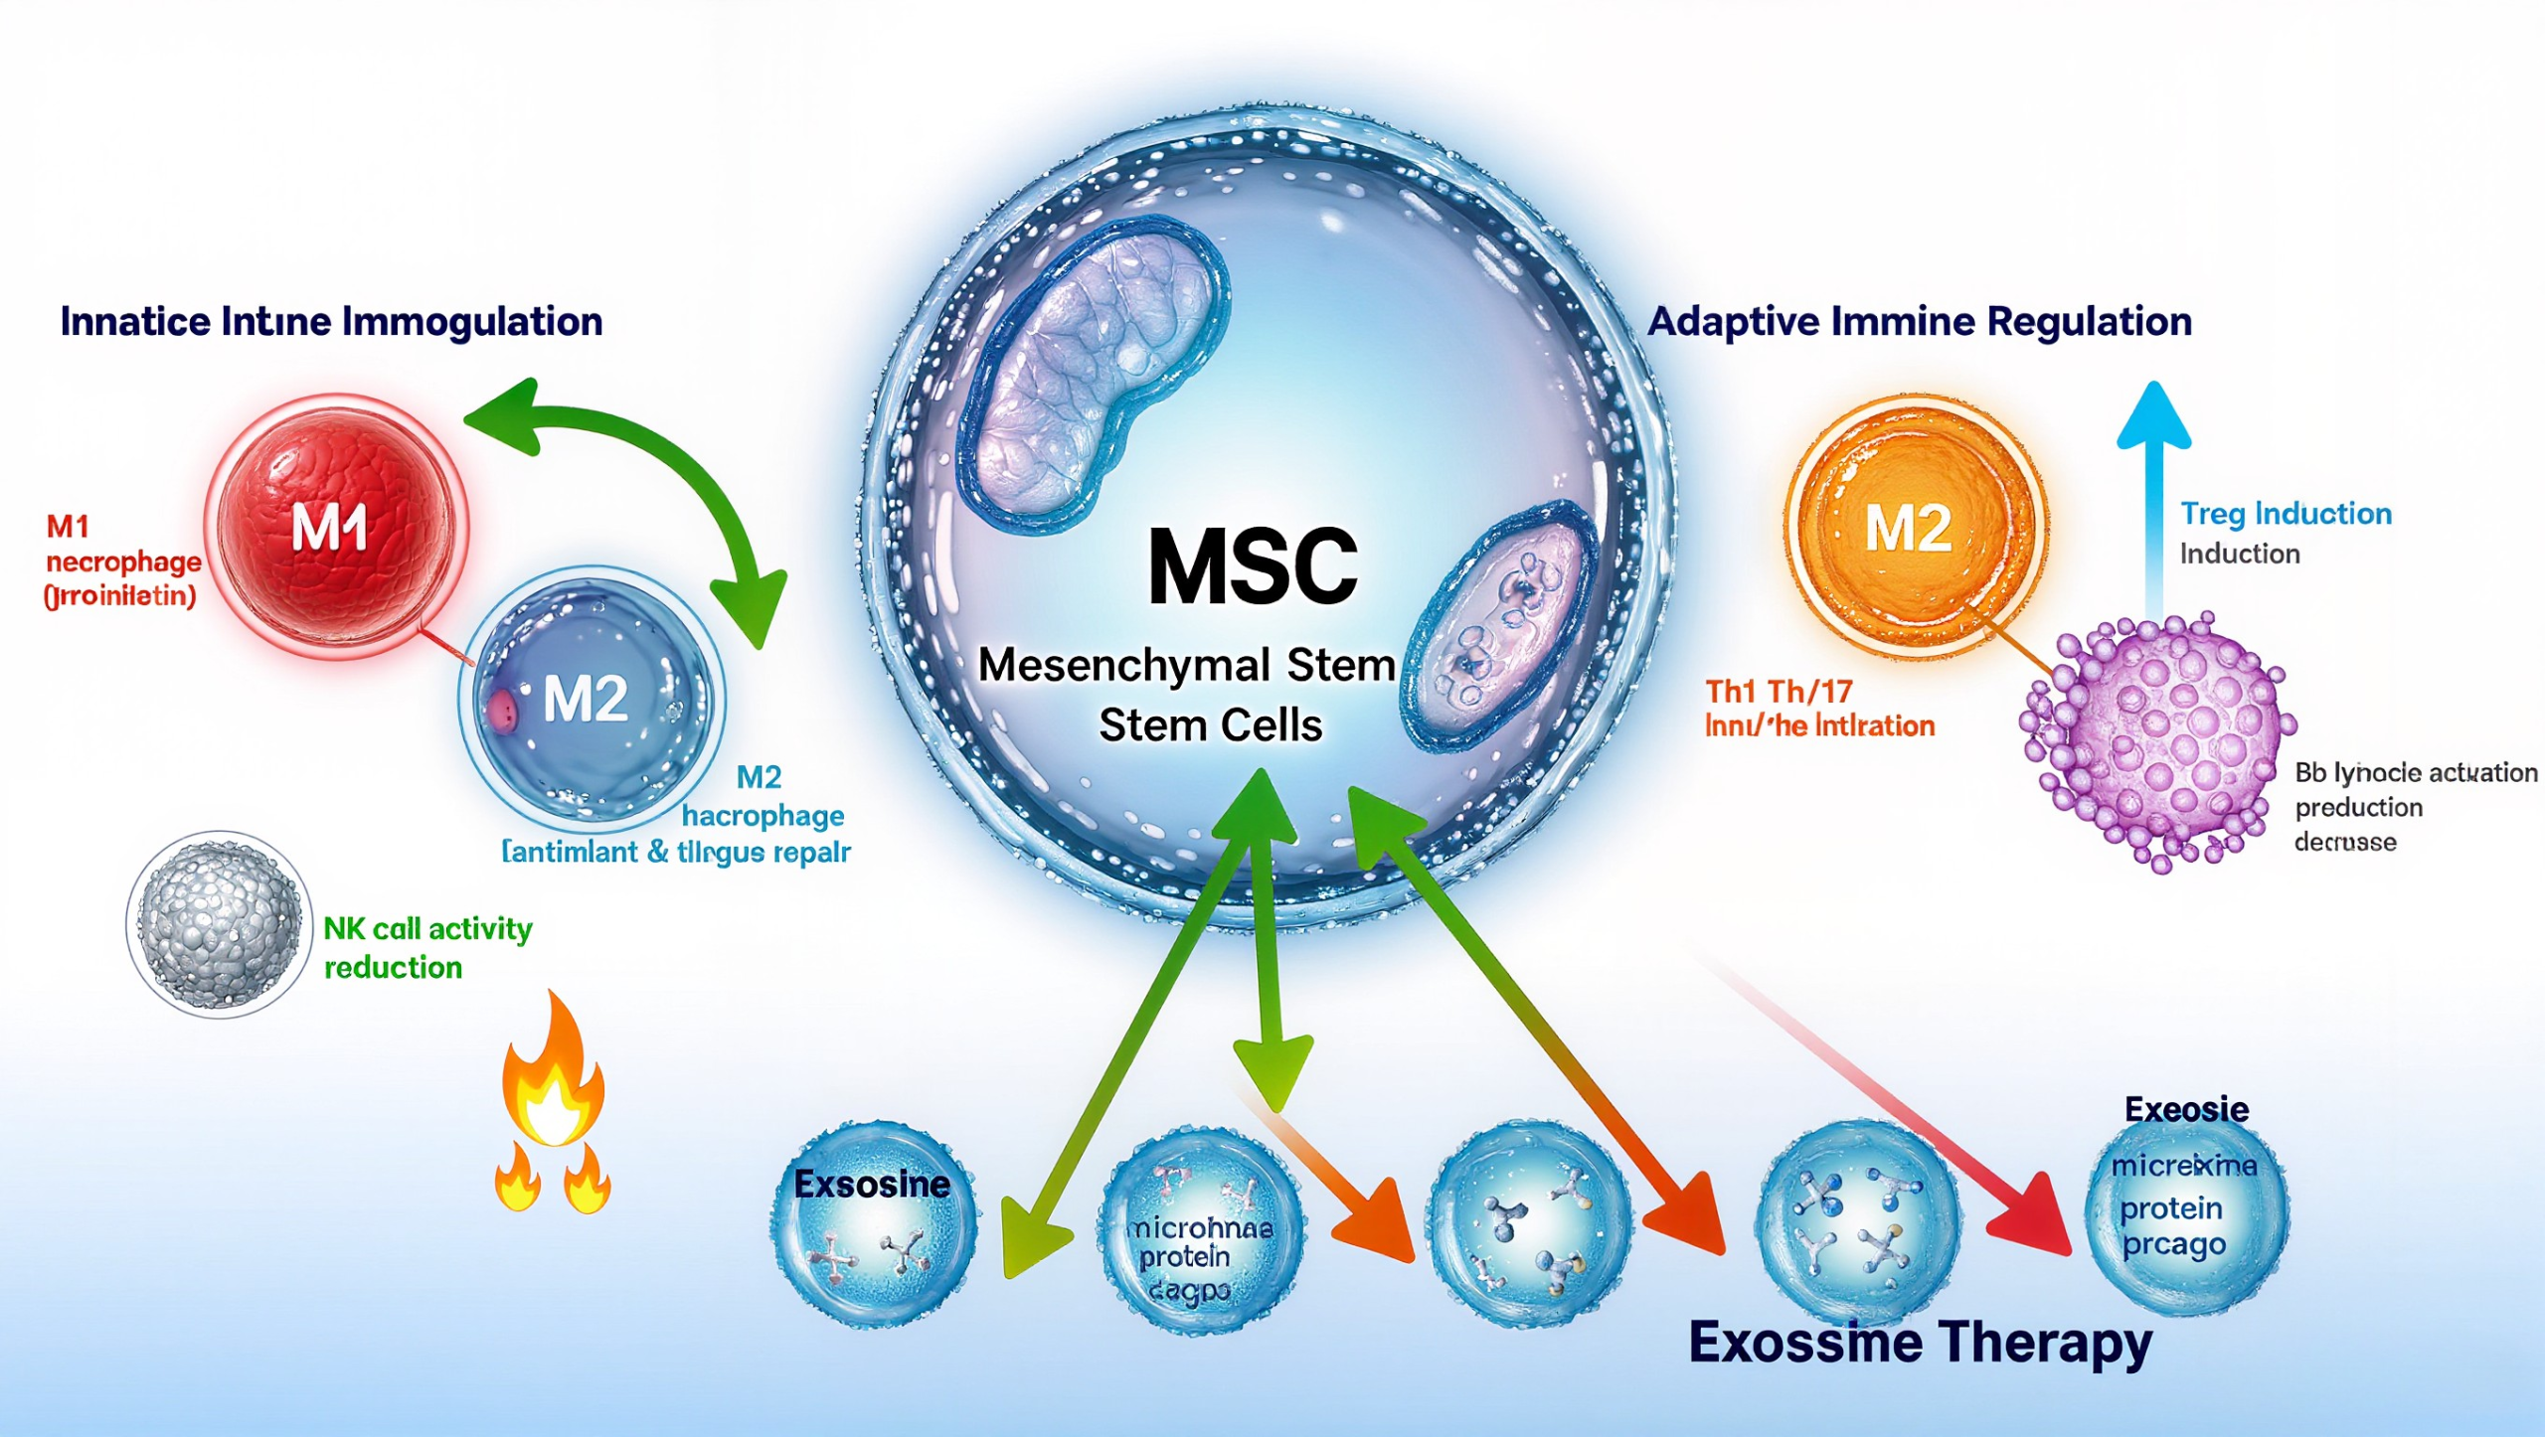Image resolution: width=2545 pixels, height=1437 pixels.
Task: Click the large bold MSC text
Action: pyautogui.click(x=1252, y=566)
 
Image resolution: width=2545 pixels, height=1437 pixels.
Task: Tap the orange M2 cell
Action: pyautogui.click(x=1913, y=527)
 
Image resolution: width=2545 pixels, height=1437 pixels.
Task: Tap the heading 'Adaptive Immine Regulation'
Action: pyautogui.click(x=1919, y=322)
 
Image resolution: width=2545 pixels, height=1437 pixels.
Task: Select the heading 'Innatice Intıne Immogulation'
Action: pyautogui.click(x=331, y=322)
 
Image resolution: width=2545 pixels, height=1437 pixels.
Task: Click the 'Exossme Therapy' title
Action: pyautogui.click(x=1920, y=1342)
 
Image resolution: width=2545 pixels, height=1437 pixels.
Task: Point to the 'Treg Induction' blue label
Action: pyautogui.click(x=2286, y=514)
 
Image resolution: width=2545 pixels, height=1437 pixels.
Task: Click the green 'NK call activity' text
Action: pyautogui.click(x=427, y=929)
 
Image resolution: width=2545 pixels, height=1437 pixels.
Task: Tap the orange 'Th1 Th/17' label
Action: pyautogui.click(x=1779, y=692)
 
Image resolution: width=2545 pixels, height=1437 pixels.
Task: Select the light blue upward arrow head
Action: pyautogui.click(x=2153, y=417)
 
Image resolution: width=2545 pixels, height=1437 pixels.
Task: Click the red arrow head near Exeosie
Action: pyautogui.click(x=2033, y=1217)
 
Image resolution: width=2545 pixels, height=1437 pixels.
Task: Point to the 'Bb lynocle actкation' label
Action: pyautogui.click(x=2416, y=773)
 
